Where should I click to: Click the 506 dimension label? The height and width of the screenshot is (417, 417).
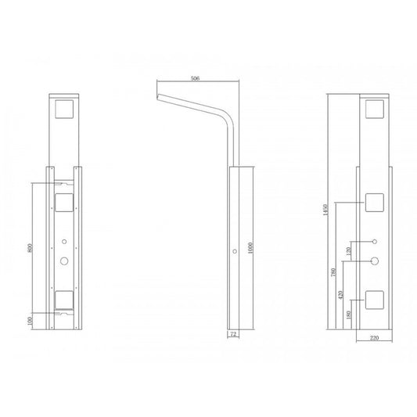[195, 78]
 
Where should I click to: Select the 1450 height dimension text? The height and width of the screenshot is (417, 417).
[325, 210]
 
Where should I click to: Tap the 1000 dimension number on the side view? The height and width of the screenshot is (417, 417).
[250, 248]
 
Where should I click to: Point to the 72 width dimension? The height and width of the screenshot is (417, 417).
[233, 334]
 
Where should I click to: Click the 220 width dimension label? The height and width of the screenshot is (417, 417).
[374, 338]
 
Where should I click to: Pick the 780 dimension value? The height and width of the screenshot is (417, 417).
[333, 271]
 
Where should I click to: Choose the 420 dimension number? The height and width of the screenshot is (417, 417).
[340, 295]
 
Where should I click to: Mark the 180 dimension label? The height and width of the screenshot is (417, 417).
[349, 315]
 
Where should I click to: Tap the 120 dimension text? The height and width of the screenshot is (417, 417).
[349, 250]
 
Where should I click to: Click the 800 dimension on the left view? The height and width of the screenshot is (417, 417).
[30, 248]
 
